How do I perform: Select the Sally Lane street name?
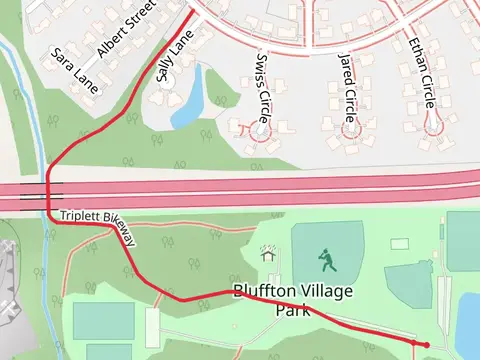pos(174,58)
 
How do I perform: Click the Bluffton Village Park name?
pos(281,300)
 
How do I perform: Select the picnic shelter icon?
pos(268,255)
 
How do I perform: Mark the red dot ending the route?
pos(427,345)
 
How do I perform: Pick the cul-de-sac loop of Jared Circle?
pos(350,128)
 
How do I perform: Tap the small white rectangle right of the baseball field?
pos(400,243)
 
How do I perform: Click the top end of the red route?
pos(192,13)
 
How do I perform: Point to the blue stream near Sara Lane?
pos(27,90)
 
